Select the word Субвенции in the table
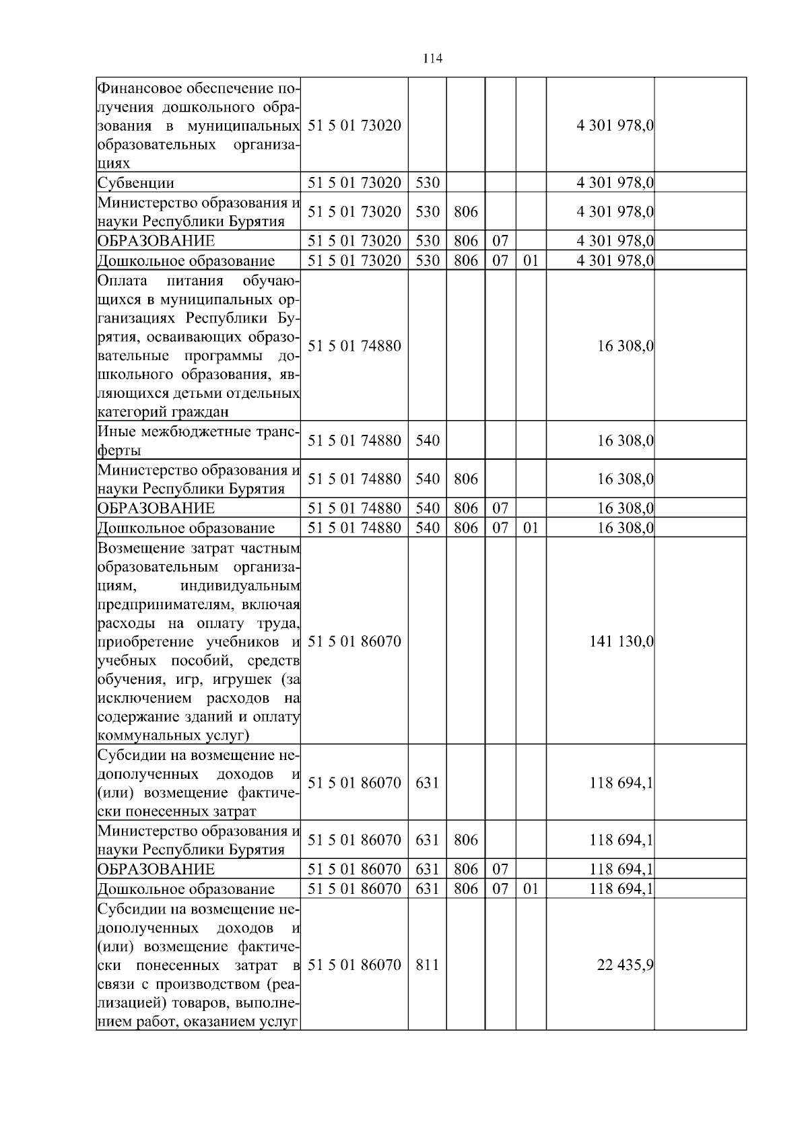(136, 183)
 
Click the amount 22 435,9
(625, 965)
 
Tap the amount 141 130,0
(621, 642)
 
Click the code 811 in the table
(427, 965)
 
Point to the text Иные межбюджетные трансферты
(198, 441)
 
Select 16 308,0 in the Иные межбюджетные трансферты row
(625, 441)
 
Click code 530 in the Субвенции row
(427, 183)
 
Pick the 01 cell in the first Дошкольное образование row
(531, 261)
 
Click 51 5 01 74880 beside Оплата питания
(354, 346)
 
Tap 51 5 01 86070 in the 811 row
(354, 965)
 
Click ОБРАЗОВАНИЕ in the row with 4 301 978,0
(156, 241)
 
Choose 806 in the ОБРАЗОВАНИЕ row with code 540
(465, 508)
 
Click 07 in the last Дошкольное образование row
(500, 889)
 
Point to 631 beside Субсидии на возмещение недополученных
(427, 783)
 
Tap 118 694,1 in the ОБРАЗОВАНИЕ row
(621, 869)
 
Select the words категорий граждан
(163, 411)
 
